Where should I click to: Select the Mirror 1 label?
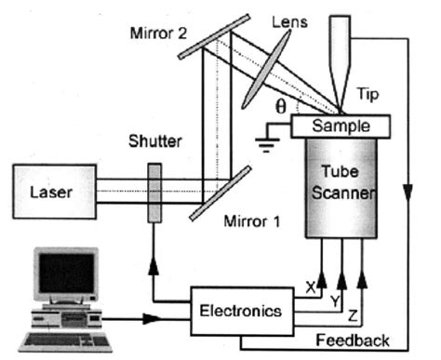(x=252, y=224)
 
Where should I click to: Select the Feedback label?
(x=352, y=340)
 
